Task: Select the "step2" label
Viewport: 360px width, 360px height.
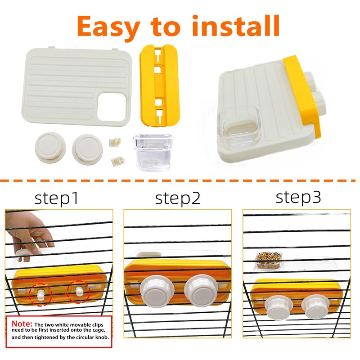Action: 178,198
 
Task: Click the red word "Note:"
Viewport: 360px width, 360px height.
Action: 22,324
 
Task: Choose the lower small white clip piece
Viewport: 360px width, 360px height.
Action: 118,160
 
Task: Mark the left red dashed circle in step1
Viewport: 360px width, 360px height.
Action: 41,294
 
